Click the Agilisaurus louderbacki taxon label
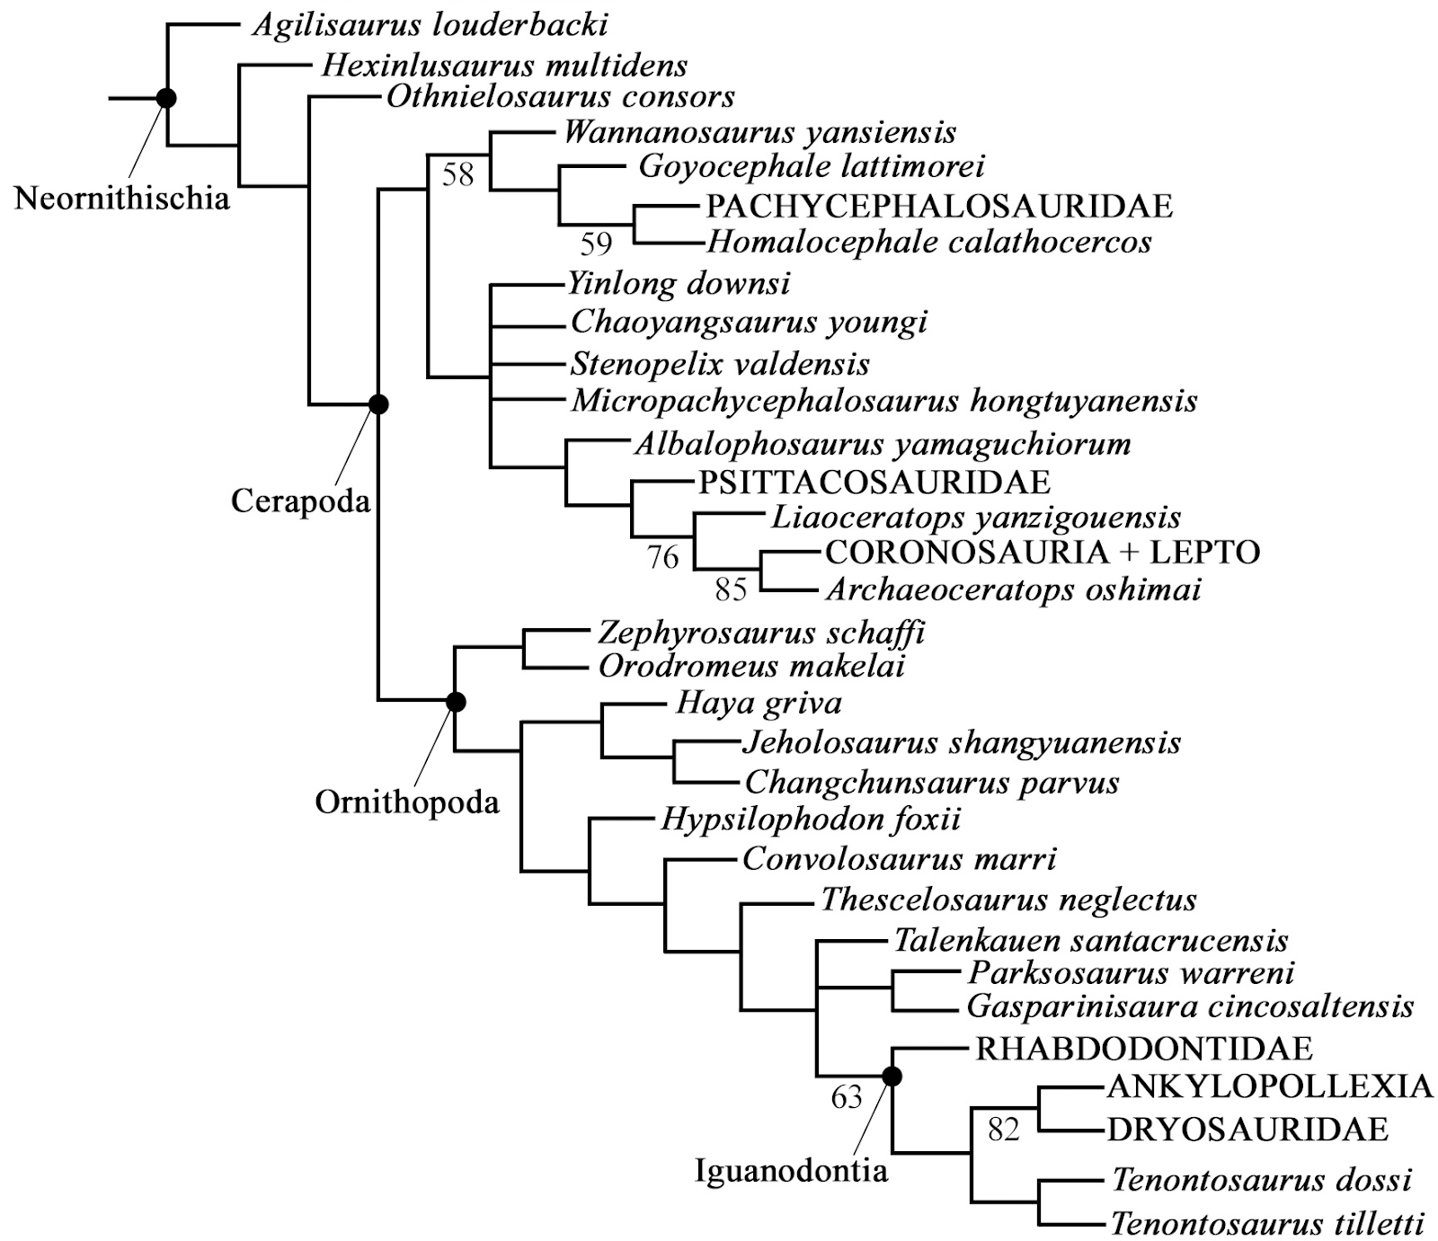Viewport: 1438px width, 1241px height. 430,24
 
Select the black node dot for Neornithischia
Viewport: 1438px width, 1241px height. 166,97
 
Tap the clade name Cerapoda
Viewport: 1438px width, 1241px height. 300,501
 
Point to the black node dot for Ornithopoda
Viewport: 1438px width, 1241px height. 456,701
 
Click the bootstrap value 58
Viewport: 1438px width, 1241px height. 457,173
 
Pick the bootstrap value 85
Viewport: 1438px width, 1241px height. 731,589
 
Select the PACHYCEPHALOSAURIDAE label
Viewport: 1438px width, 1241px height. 939,206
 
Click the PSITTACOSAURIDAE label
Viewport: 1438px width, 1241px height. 874,483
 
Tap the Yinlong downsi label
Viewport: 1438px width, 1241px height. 679,284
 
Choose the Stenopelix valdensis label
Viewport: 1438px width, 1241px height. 720,364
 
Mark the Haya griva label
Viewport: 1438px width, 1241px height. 759,703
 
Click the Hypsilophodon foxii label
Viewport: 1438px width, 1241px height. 811,820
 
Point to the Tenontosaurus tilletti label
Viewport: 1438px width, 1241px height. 1267,1223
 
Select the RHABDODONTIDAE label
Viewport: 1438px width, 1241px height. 1144,1049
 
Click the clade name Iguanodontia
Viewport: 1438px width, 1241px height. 791,1170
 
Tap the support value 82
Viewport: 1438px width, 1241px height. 1003,1129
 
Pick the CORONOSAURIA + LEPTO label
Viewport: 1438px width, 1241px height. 1043,552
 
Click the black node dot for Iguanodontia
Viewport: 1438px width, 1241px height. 892,1075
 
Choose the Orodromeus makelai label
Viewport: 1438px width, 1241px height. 751,666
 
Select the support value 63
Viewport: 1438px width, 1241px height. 847,1097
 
